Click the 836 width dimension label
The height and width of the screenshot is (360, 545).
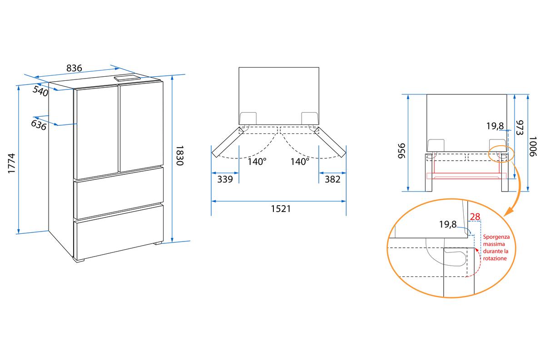pos(74,69)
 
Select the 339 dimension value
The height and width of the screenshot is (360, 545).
pos(225,179)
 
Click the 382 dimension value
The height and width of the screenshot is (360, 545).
pos(332,179)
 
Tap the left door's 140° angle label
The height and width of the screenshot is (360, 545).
pos(257,161)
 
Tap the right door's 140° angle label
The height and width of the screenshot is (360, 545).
pos(300,161)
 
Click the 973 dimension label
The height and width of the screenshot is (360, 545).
pos(520,128)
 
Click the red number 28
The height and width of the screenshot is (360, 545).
pos(475,217)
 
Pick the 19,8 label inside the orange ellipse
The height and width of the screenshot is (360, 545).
pos(447,224)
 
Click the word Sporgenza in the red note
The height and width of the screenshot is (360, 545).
pos(496,237)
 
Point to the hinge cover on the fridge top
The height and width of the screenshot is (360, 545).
pos(128,79)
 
